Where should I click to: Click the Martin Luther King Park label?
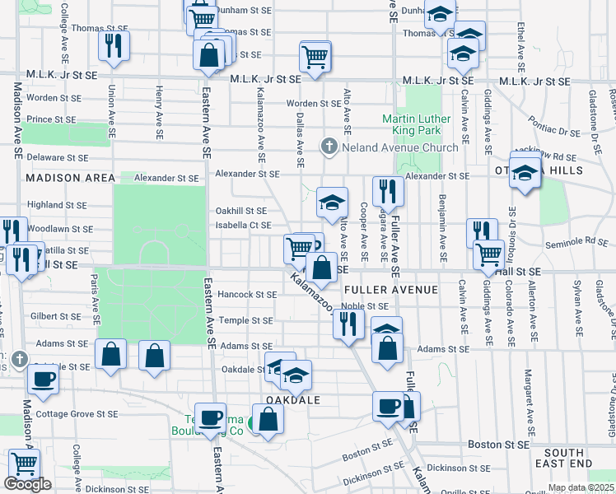click(x=417, y=124)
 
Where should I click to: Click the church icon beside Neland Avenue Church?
click(x=329, y=147)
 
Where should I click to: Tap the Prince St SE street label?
click(x=51, y=119)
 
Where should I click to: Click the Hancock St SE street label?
click(x=247, y=294)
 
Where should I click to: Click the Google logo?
click(x=27, y=485)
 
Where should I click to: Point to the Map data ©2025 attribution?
click(x=580, y=487)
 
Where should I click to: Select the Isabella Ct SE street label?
click(x=243, y=225)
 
